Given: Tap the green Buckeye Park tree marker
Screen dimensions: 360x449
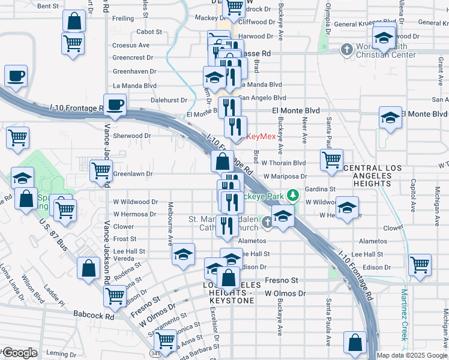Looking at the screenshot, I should (x=292, y=195).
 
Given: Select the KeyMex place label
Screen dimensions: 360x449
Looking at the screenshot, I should (x=261, y=136).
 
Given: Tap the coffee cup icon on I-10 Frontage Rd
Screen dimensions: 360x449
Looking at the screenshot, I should (x=115, y=103).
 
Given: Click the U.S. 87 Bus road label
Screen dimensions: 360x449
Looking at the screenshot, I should (x=54, y=234).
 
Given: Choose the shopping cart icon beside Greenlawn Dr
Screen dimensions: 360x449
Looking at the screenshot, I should (x=100, y=170).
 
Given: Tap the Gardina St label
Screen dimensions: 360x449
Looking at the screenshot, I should (x=319, y=189).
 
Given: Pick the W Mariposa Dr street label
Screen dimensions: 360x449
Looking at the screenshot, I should (x=284, y=176).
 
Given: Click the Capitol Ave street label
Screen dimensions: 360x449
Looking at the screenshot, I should (x=413, y=196).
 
